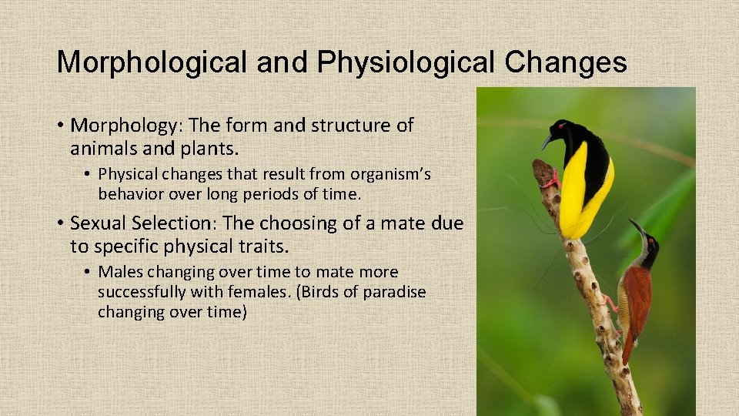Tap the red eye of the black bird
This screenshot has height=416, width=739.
coord(560,126)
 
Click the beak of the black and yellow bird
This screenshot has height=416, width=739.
coord(547,142)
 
